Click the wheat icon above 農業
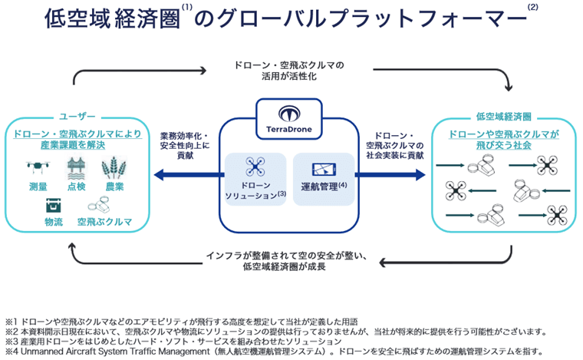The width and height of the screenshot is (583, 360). pos(114,167)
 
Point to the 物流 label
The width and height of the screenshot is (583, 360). pos(54,223)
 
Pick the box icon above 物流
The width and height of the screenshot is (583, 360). pos(54,205)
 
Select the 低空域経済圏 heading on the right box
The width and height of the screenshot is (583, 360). pos(503,117)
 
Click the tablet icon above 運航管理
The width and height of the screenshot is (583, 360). pos(322,168)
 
